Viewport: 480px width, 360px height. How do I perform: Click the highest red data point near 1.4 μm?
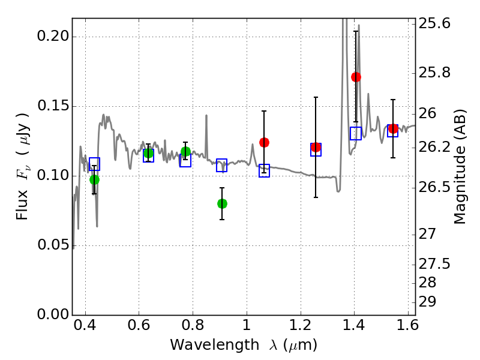pyautogui.click(x=356, y=77)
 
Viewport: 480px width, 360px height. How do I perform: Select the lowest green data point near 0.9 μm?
pyautogui.click(x=222, y=203)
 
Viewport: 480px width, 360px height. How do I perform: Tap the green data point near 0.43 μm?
pyautogui.click(x=94, y=179)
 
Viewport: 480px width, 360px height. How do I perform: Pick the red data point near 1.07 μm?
pyautogui.click(x=264, y=142)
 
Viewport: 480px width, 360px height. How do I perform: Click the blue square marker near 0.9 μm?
pyautogui.click(x=222, y=166)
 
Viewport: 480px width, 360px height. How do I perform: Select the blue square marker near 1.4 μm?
pyautogui.click(x=356, y=134)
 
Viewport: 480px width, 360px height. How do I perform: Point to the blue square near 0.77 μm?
pyautogui.click(x=185, y=160)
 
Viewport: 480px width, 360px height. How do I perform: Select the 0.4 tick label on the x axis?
pyautogui.click(x=86, y=328)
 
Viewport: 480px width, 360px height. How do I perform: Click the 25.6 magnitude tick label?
pyautogui.click(x=437, y=24)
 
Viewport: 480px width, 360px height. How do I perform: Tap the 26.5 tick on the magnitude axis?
pyautogui.click(x=437, y=187)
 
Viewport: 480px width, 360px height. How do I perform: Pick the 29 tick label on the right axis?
pyautogui.click(x=431, y=301)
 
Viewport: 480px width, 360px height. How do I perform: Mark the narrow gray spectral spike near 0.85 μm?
pyautogui.click(x=206, y=120)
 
